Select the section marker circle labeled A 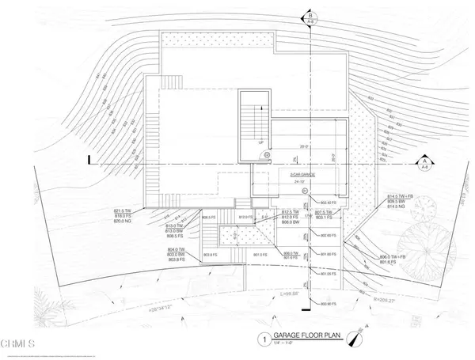(x=425, y=163)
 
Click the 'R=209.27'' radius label (x=367, y=299)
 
